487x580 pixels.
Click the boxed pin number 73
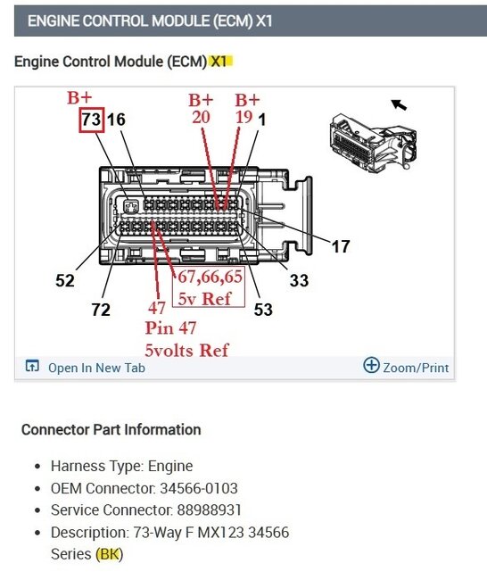click(x=91, y=120)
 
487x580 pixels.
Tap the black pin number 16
click(x=116, y=120)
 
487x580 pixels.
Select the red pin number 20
click(x=202, y=117)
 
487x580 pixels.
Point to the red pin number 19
click(x=244, y=117)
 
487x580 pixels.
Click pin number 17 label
click(x=341, y=246)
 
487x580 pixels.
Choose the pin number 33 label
click(x=299, y=280)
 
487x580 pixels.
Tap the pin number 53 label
click(x=263, y=310)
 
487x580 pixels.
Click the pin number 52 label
click(x=65, y=280)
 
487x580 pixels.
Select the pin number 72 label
click(x=101, y=310)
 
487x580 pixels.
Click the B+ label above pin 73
click(x=79, y=97)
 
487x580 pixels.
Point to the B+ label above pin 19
click(x=247, y=100)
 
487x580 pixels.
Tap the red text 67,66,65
click(x=210, y=277)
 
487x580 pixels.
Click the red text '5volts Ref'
click(x=186, y=350)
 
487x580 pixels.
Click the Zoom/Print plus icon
click(x=371, y=365)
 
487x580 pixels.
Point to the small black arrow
click(x=399, y=105)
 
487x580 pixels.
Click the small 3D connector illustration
click(x=374, y=142)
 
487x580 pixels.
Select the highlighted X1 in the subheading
click(x=221, y=62)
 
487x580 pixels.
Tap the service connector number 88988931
click(x=209, y=510)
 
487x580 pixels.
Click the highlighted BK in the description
click(x=110, y=554)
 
